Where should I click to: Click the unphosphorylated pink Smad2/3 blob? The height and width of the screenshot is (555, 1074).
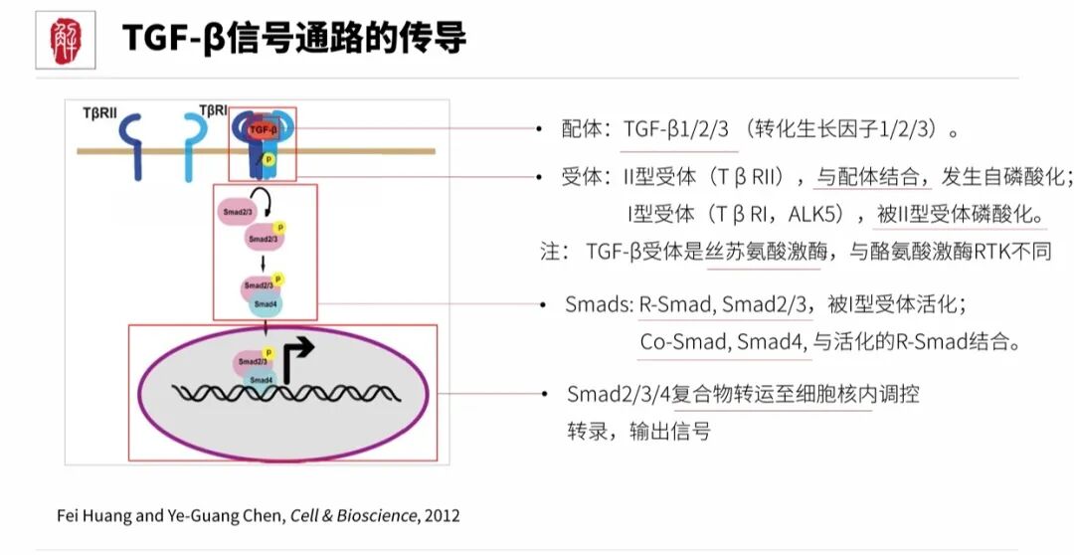click(236, 212)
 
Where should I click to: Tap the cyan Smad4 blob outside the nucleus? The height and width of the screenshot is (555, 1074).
click(266, 303)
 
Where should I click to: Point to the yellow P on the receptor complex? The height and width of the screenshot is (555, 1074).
click(268, 159)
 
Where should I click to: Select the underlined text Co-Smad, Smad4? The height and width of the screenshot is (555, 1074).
click(724, 343)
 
